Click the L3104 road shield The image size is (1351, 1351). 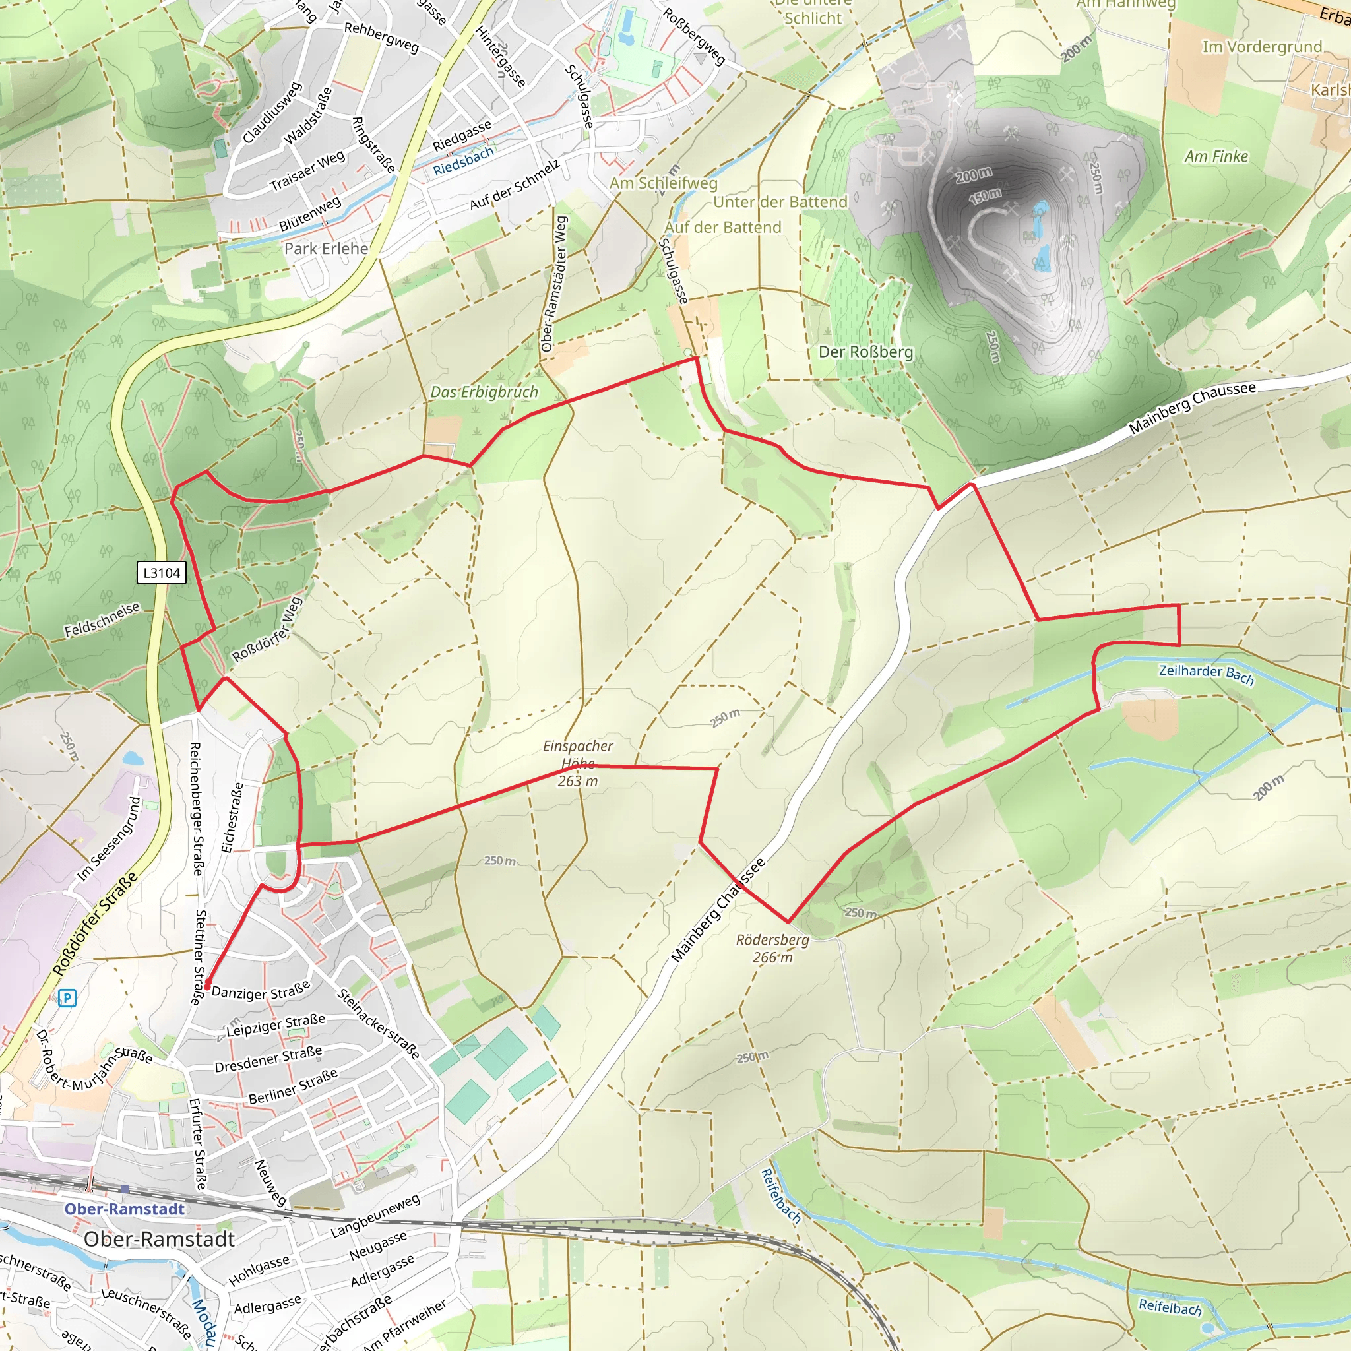tap(162, 573)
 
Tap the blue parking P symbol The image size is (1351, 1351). tap(67, 998)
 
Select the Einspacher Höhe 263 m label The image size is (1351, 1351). tap(578, 763)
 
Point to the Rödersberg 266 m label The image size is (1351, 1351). tap(772, 948)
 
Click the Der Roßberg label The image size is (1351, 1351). tap(865, 352)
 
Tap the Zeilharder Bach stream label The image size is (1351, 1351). tap(1207, 674)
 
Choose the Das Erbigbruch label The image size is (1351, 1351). tap(484, 392)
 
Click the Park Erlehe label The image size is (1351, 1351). tap(326, 248)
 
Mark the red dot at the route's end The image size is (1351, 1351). tap(207, 986)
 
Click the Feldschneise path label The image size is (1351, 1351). tap(102, 619)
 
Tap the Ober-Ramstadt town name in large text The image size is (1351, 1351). tap(159, 1239)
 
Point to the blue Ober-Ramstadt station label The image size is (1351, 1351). tap(125, 1209)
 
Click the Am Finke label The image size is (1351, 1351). tap(1216, 156)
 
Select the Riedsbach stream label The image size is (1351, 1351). tap(463, 161)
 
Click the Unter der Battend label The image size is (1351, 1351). tap(780, 202)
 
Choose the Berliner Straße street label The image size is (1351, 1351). tap(293, 1086)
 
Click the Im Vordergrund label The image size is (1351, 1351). tap(1261, 46)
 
